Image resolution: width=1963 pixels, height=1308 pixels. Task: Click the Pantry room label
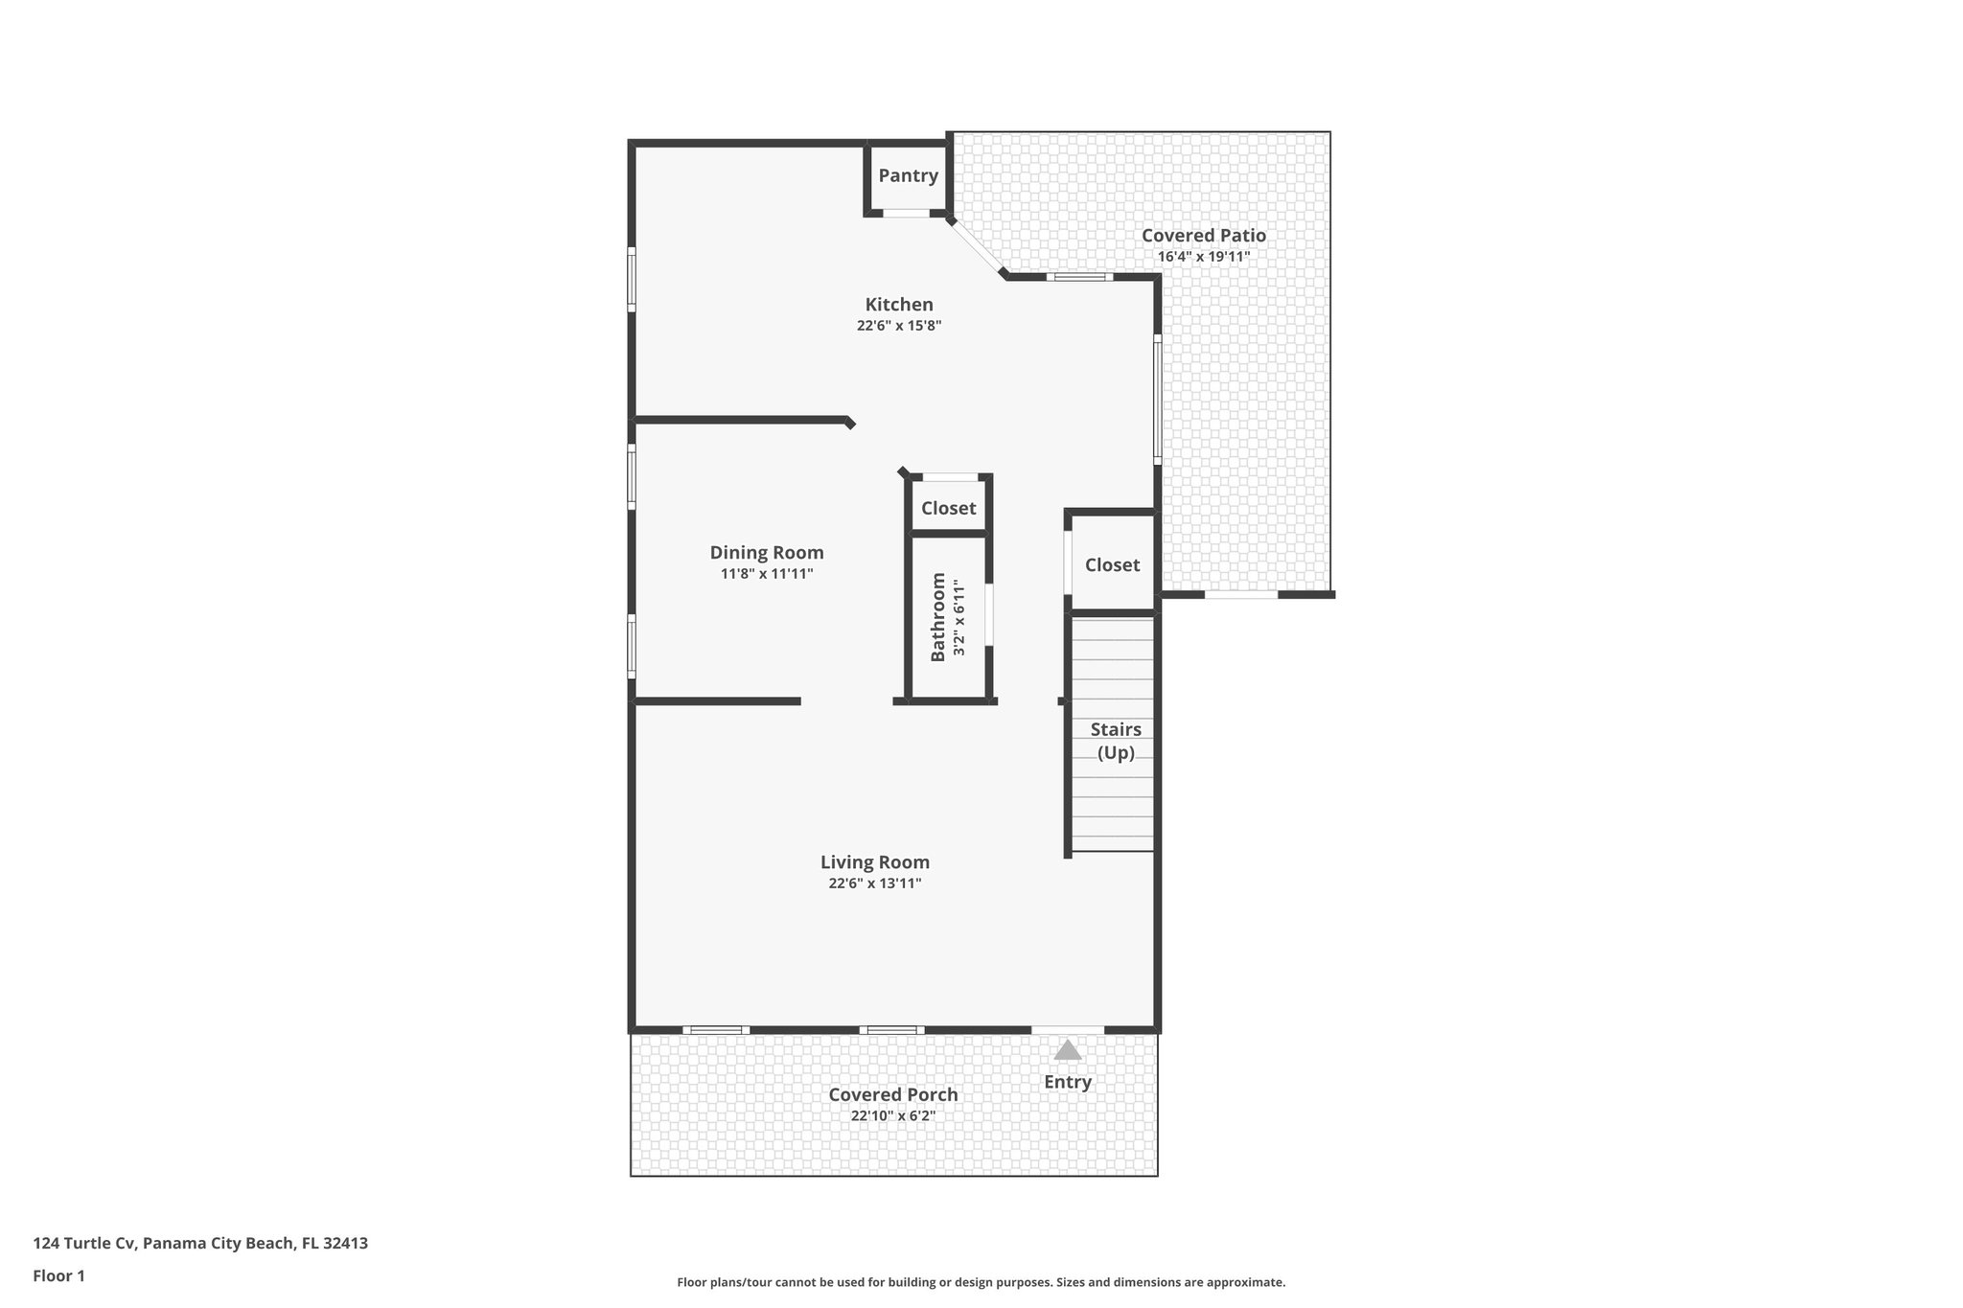pos(908,175)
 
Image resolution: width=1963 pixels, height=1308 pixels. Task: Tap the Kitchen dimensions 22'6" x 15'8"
pos(899,326)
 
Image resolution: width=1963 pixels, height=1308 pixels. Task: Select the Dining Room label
pos(766,552)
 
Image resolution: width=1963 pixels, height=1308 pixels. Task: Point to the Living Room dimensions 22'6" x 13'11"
pos(874,883)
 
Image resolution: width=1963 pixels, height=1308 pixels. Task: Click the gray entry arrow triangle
pos(1067,1051)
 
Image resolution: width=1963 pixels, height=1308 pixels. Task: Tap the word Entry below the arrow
pos(1067,1082)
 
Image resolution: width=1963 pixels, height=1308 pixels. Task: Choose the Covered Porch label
pos(892,1094)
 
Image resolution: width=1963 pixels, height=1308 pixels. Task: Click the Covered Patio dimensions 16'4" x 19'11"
pos(1203,257)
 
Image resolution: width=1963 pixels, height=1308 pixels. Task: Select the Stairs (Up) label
pos(1115,741)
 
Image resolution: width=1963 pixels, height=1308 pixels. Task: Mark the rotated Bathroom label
pos(938,616)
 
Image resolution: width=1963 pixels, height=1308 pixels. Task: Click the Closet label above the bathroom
pos(948,508)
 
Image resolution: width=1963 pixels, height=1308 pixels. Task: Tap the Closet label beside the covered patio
pos(1112,564)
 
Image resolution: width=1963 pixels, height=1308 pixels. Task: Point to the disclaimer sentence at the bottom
pos(981,1282)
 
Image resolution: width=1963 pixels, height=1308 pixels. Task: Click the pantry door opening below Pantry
pos(906,213)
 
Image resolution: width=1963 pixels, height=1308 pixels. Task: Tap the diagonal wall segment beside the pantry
pos(977,246)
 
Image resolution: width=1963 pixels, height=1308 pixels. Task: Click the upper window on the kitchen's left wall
pos(632,279)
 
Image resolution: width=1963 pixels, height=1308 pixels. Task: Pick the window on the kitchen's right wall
pos(1157,400)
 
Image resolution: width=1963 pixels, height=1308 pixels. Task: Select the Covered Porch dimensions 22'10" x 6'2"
pos(892,1116)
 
